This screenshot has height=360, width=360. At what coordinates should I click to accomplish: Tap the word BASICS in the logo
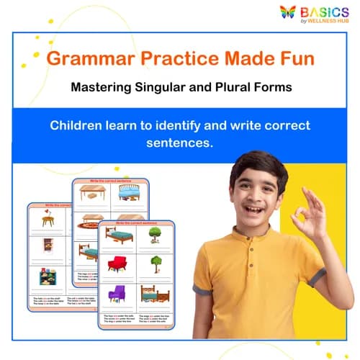pyautogui.click(x=325, y=12)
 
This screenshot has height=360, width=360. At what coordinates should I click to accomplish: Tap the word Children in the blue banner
pyautogui.click(x=78, y=125)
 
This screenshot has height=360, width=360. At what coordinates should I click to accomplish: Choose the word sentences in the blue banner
pyautogui.click(x=180, y=142)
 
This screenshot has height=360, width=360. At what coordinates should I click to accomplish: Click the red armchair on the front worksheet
pyautogui.click(x=116, y=264)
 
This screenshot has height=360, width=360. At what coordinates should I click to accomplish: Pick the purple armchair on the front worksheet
pyautogui.click(x=116, y=294)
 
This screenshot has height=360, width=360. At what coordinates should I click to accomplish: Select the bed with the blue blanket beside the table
pyautogui.click(x=130, y=192)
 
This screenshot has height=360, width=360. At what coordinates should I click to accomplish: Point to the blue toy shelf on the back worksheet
pyautogui.click(x=48, y=276)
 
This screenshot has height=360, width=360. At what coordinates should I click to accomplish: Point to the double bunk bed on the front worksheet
pyautogui.click(x=154, y=294)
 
